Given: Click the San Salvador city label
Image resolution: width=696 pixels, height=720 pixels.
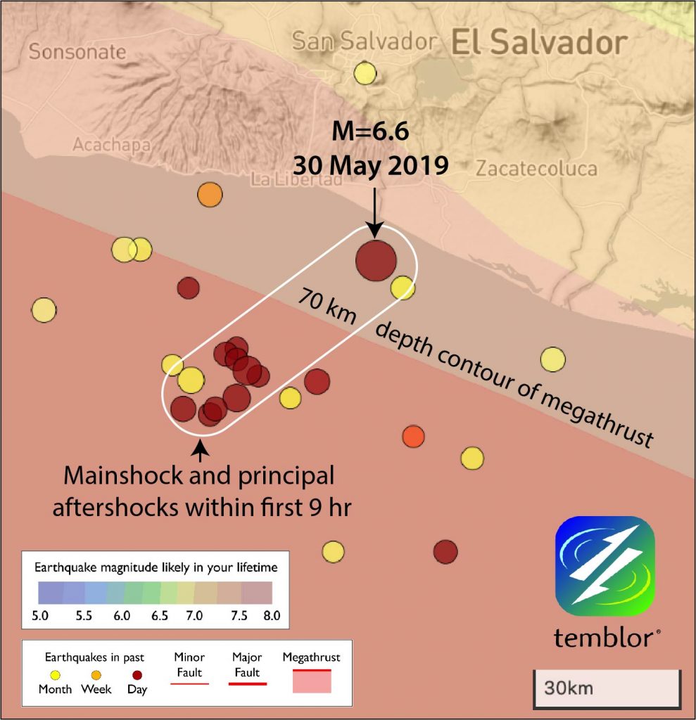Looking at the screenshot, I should [364, 41].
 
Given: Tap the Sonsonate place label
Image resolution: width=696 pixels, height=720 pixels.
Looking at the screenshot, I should [78, 52].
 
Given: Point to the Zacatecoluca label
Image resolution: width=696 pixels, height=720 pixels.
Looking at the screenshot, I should [536, 169].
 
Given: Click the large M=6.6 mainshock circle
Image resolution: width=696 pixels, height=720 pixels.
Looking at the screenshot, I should [376, 260].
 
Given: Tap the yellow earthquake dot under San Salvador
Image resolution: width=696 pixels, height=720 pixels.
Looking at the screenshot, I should [365, 72].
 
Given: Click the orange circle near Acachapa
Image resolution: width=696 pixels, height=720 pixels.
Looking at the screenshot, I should [209, 194].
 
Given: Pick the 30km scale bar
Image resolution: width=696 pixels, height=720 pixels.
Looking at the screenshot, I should [606, 687].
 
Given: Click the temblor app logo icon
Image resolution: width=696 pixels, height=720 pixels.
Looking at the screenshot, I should [605, 566].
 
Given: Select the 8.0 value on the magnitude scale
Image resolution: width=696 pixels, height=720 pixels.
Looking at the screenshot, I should [272, 615].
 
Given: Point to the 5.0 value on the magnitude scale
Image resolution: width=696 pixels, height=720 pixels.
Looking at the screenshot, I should [40, 615].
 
